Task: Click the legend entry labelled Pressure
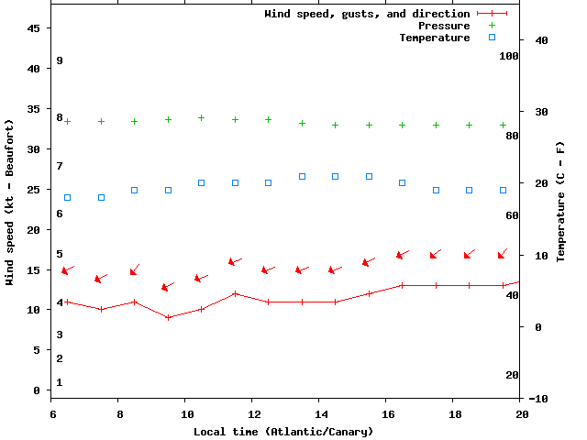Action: click(x=444, y=26)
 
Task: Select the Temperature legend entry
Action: click(x=435, y=38)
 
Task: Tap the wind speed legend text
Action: click(x=367, y=14)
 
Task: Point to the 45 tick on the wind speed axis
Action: click(x=35, y=28)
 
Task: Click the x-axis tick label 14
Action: click(x=318, y=414)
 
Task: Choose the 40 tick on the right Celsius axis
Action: click(x=541, y=40)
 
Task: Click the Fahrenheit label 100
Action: click(x=509, y=56)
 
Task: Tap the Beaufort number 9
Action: click(x=59, y=60)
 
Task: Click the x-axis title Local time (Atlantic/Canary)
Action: click(x=283, y=431)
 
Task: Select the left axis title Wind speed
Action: click(x=10, y=202)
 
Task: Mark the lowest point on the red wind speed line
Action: click(x=168, y=317)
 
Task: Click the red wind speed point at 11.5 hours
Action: click(x=235, y=293)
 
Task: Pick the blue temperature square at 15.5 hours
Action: click(x=369, y=176)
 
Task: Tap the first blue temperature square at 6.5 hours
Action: click(x=68, y=197)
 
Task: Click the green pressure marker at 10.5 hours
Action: click(x=202, y=117)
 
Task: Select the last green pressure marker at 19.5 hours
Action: click(x=503, y=125)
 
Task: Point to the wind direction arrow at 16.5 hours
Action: click(x=402, y=254)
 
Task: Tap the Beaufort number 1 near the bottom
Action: click(x=59, y=382)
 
